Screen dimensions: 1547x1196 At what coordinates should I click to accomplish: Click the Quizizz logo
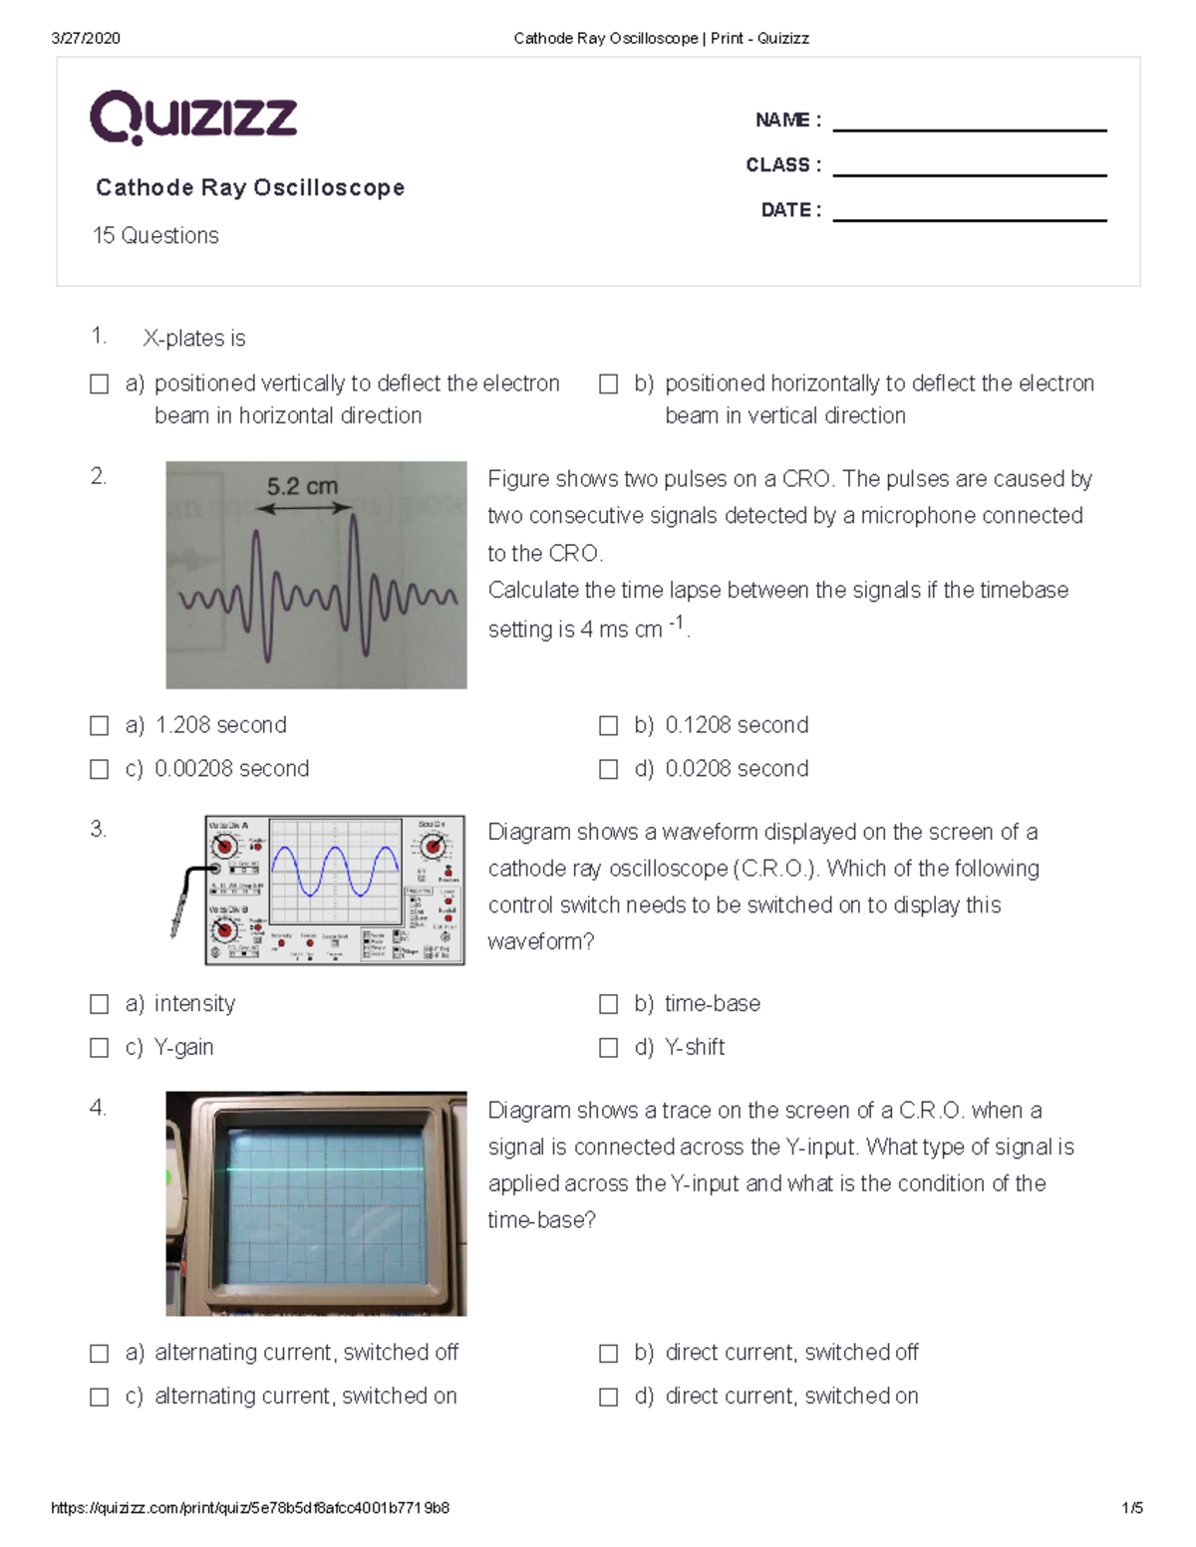coord(193,118)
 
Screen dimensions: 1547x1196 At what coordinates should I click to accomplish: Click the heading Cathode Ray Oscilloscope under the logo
coord(250,187)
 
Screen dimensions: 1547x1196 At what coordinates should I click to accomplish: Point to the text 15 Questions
coord(155,235)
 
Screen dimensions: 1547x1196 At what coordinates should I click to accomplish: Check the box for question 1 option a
coord(100,384)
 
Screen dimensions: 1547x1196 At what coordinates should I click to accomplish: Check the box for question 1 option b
coord(608,384)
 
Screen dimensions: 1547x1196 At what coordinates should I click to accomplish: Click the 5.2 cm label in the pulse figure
coord(302,486)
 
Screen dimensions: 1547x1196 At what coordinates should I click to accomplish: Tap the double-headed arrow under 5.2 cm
coord(304,508)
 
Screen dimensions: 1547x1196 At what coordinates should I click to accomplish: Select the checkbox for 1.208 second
coord(100,725)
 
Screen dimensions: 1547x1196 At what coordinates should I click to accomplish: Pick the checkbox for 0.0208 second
coord(608,769)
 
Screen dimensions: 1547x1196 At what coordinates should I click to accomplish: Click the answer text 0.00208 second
coord(231,769)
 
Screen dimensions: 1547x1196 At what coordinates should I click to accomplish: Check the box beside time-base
coord(608,1004)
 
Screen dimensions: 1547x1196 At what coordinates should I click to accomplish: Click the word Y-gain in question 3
coord(183,1047)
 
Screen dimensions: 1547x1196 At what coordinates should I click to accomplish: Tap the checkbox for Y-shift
coord(608,1047)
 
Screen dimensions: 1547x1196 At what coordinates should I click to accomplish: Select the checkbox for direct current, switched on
coord(608,1397)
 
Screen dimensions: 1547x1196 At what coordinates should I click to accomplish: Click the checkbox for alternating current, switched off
coord(100,1353)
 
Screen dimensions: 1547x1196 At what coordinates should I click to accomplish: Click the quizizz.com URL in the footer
coord(250,1508)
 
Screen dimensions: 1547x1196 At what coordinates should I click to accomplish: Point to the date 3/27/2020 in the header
coord(86,38)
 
